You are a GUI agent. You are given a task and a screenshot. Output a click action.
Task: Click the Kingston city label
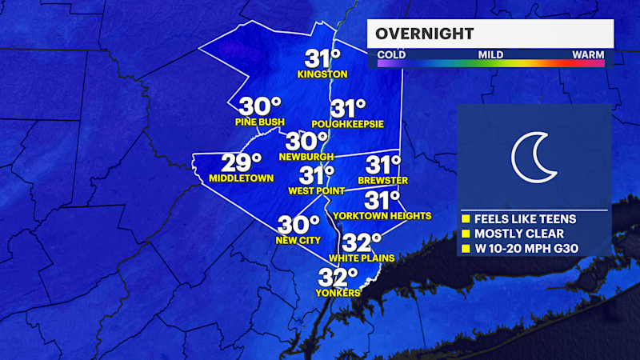[x=322, y=74]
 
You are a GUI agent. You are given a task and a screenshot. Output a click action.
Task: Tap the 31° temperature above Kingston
[x=322, y=58]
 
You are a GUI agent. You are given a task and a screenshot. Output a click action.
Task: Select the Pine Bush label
[x=261, y=122]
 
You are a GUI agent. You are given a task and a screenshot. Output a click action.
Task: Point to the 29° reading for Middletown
[x=242, y=162]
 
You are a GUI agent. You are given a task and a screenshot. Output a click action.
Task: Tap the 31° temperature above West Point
[x=317, y=175]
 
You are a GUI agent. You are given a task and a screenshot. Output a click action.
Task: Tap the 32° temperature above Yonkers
[x=338, y=278]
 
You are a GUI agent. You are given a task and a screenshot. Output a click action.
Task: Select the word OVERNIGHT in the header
[x=424, y=34]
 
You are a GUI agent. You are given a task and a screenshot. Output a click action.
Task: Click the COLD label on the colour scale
[x=391, y=54]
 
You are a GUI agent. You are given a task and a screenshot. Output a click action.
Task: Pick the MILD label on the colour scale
[x=490, y=54]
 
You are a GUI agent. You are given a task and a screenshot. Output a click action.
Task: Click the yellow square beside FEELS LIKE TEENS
[x=466, y=218]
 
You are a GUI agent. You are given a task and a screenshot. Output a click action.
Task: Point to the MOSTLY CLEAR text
[x=519, y=234]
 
